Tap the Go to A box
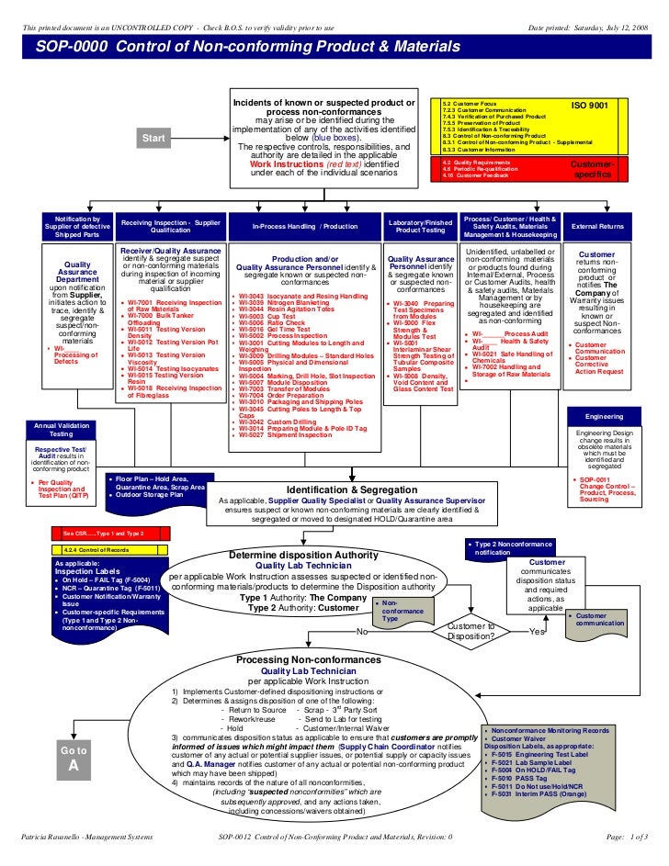coord(74,759)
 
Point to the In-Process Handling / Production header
coord(304,225)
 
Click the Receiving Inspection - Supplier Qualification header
coord(171,225)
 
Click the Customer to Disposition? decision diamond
coord(471,631)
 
